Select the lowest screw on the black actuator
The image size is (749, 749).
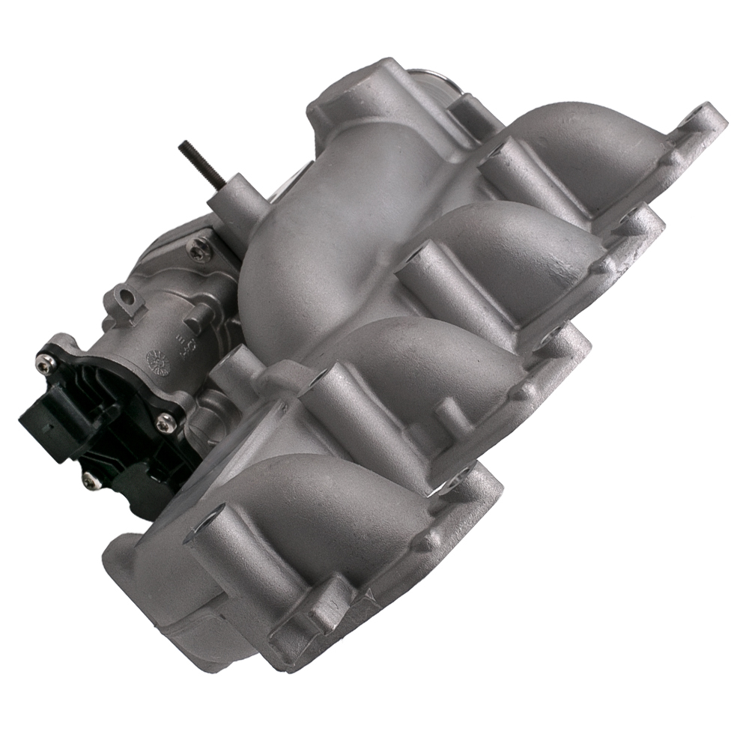point(90,477)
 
